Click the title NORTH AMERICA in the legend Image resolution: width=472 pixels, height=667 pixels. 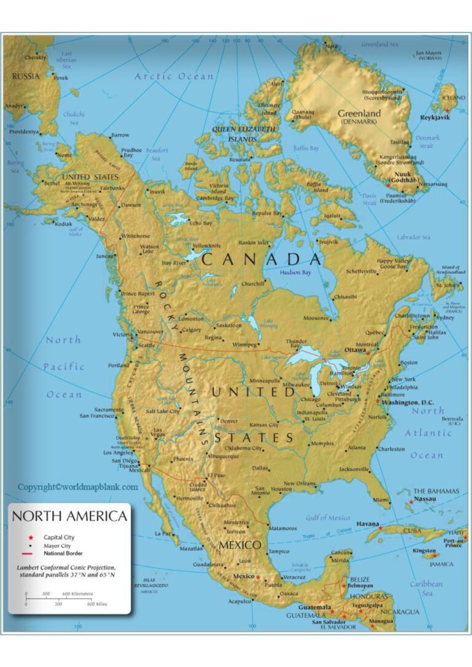69,516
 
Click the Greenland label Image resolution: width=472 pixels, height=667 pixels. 359,114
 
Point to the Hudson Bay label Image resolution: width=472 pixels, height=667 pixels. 295,272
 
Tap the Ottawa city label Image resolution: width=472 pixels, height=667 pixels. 355,349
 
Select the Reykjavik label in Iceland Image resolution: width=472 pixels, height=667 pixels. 435,117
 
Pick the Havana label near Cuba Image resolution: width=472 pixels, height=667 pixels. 368,524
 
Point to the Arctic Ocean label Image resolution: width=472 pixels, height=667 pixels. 174,77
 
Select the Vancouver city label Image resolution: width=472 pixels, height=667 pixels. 150,332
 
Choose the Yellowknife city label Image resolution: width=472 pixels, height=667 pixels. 206,245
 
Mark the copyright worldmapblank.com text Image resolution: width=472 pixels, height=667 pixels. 77,487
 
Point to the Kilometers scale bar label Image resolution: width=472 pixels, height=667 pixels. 77,594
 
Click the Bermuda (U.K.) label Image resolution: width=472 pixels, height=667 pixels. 451,421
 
